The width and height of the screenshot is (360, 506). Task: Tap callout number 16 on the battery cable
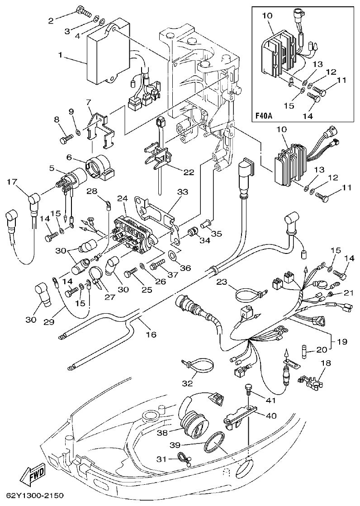(151, 334)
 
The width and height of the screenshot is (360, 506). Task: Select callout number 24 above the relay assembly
(122, 199)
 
